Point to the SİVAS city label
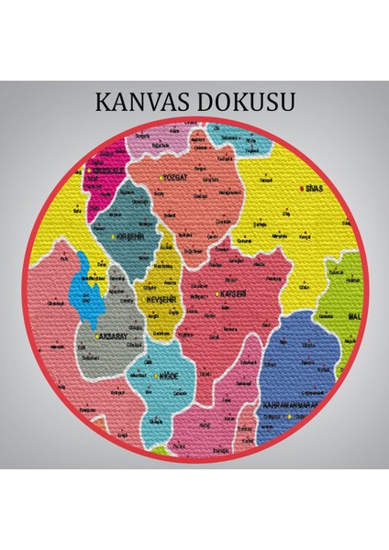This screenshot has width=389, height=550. tap(317, 188)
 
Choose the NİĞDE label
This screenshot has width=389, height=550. tap(169, 376)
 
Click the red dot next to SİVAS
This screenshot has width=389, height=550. tap(302, 188)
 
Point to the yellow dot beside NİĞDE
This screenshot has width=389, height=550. tap(156, 376)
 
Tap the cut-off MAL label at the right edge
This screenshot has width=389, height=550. tap(357, 317)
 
